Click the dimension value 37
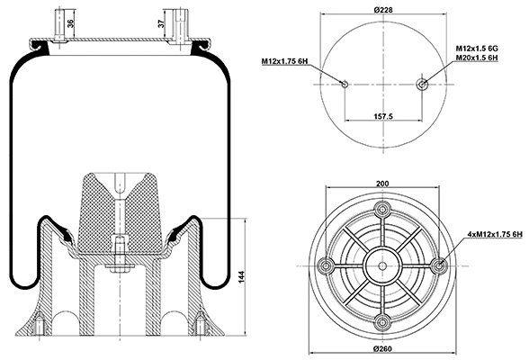[162, 24]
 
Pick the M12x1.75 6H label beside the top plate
[285, 60]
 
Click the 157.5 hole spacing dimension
[384, 116]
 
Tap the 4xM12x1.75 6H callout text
[493, 235]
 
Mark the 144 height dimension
[241, 277]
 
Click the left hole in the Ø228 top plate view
[345, 84]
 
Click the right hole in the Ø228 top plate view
[423, 84]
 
